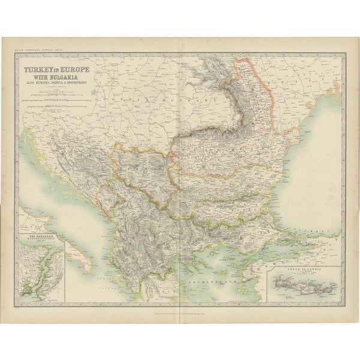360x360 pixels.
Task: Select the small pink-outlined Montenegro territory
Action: coord(108,195)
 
